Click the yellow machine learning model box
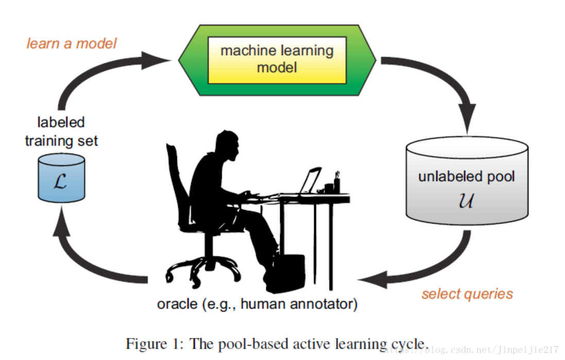coord(277,59)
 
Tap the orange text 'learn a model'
coord(72,43)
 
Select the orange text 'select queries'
coord(467,294)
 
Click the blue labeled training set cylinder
coord(61,178)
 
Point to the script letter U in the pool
coord(466,199)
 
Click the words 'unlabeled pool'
coord(466,177)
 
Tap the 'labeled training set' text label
coord(61,131)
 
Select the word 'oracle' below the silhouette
coord(177,304)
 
